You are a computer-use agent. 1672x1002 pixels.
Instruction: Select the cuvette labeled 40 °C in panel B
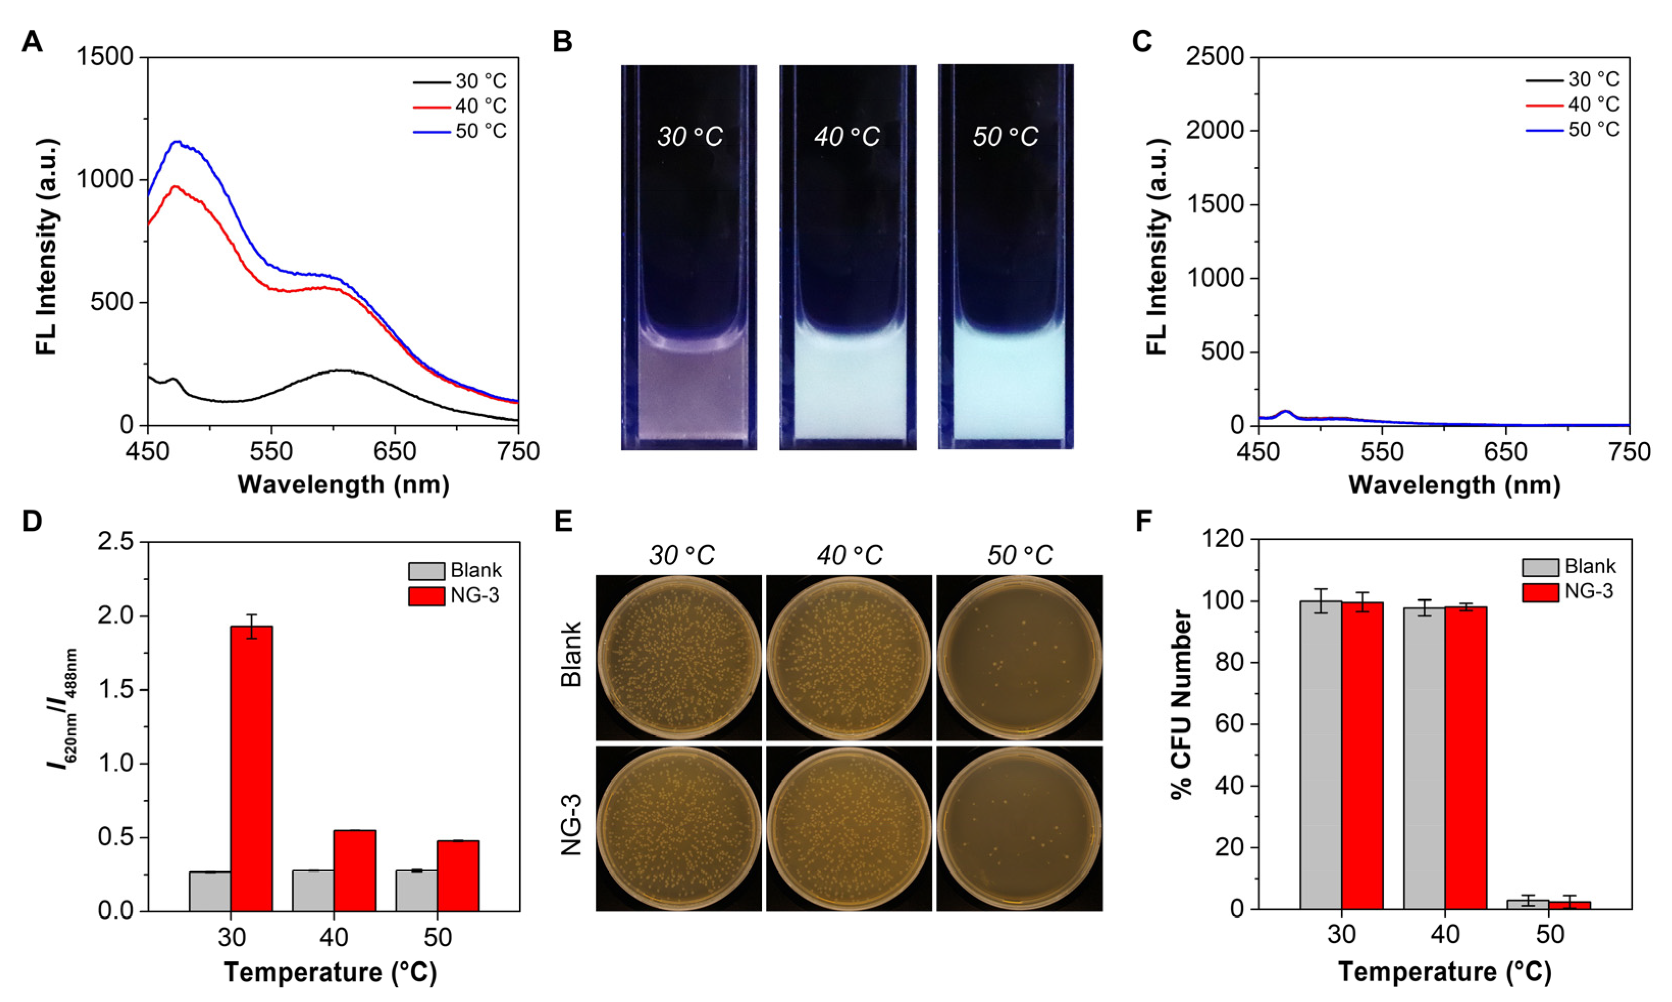(x=847, y=257)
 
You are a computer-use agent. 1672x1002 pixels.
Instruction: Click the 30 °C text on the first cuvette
(x=689, y=137)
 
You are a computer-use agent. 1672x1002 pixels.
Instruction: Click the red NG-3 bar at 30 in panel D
(x=252, y=768)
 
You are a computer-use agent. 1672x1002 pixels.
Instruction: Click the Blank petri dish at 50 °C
(x=1019, y=658)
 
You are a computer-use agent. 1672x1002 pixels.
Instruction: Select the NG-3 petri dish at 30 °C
(x=679, y=828)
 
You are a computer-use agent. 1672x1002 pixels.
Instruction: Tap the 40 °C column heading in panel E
(x=849, y=556)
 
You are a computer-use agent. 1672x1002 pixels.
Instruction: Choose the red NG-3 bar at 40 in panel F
(x=1466, y=757)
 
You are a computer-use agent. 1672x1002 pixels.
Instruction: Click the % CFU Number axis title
(x=1182, y=704)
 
